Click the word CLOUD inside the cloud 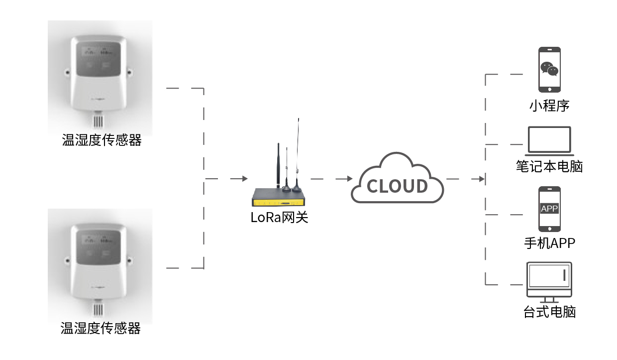pos(397,186)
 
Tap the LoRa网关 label pos(280,218)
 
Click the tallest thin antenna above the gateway pos(298,149)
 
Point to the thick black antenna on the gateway pos(279,164)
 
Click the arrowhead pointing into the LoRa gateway pos(244,179)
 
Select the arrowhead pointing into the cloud pos(350,179)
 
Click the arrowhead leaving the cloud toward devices pos(482,179)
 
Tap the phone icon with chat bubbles pos(549,69)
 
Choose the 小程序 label pos(549,106)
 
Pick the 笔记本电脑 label pos(549,166)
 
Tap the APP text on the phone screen pos(549,209)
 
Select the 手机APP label pos(549,243)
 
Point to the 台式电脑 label pos(549,313)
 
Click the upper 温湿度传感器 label pos(102,140)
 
